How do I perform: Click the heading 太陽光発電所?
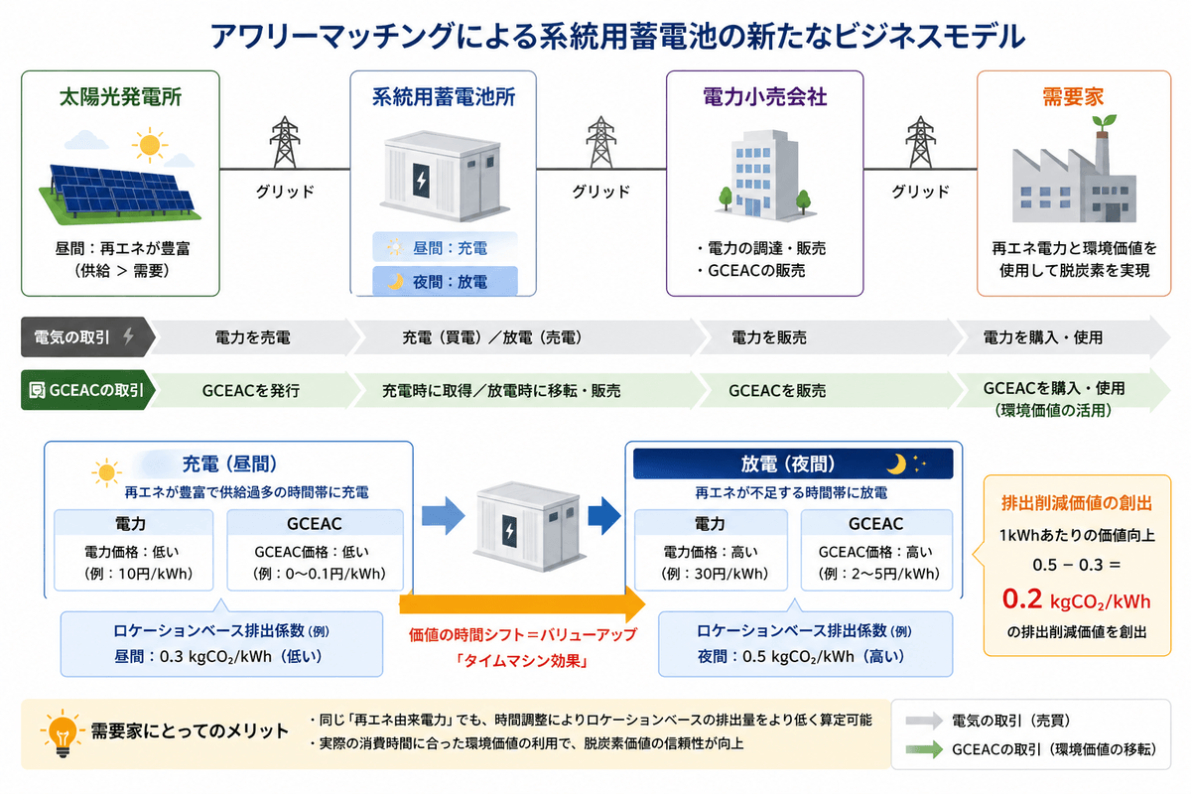point(121,97)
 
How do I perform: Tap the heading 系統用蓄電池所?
point(443,97)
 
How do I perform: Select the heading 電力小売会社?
point(764,97)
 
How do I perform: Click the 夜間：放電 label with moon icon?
point(445,282)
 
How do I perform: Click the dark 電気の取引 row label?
point(83,337)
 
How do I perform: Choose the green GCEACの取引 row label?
point(85,390)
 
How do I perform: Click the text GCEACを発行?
point(250,390)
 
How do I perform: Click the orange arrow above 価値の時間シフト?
point(521,602)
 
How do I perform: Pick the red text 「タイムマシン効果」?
point(521,658)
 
